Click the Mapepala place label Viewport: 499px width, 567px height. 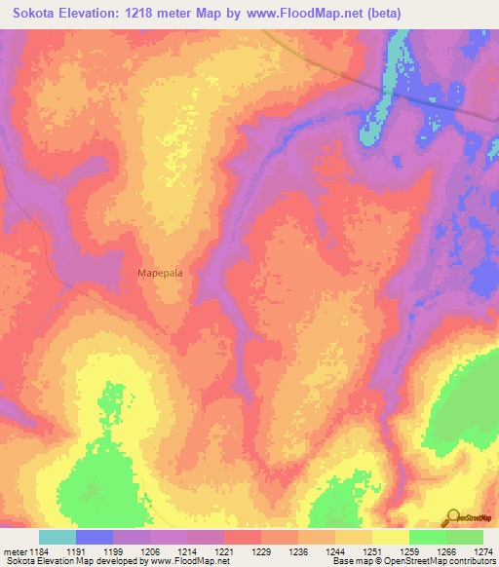161,274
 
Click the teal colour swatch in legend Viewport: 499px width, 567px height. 58,537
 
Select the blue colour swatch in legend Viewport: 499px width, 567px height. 95,537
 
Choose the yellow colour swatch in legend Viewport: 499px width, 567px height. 391,537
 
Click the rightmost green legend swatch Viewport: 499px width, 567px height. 465,537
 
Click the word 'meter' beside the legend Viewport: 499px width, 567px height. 14,551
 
